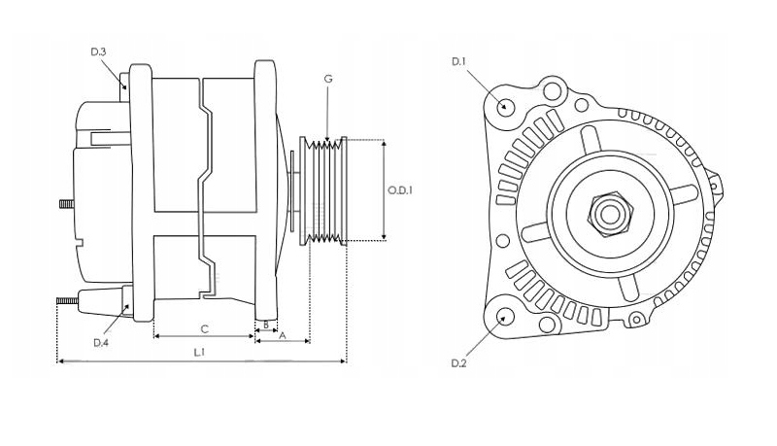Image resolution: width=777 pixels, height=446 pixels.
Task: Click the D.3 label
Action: [x=97, y=51]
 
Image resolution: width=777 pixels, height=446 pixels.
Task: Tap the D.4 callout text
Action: [x=100, y=342]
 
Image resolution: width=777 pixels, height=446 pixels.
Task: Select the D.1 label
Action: [x=459, y=62]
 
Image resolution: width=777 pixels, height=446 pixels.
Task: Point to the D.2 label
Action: [x=459, y=362]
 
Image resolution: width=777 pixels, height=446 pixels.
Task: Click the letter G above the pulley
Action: [x=328, y=78]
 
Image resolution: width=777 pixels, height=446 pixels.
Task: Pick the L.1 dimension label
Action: [x=198, y=352]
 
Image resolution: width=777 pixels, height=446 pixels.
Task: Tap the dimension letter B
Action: [x=265, y=325]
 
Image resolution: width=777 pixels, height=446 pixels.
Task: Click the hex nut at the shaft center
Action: [x=610, y=213]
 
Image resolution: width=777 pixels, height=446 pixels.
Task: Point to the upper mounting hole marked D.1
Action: [x=506, y=106]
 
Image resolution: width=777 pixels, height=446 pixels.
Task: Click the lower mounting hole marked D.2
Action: [x=505, y=317]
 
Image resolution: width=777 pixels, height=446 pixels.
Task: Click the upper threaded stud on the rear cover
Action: [x=66, y=204]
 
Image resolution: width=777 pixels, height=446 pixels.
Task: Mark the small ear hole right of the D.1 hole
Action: [x=553, y=92]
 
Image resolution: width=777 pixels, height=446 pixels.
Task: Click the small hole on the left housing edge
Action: [x=502, y=240]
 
